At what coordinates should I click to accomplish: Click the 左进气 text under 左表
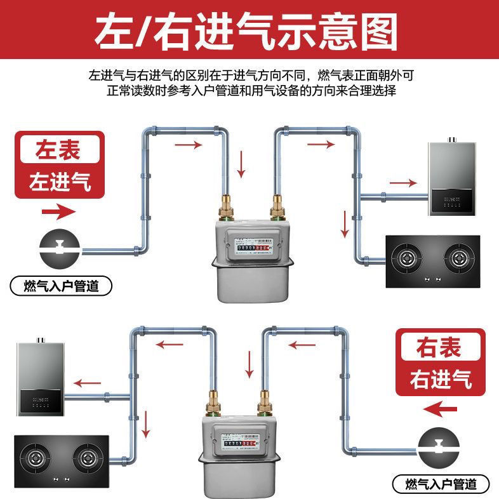pyautogui.click(x=60, y=182)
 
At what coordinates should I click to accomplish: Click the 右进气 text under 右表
pyautogui.click(x=440, y=380)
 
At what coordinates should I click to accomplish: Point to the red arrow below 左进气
pyautogui.click(x=58, y=210)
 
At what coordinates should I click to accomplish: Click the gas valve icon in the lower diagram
pyautogui.click(x=439, y=445)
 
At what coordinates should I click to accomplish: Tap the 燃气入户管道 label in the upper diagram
pyautogui.click(x=61, y=286)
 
